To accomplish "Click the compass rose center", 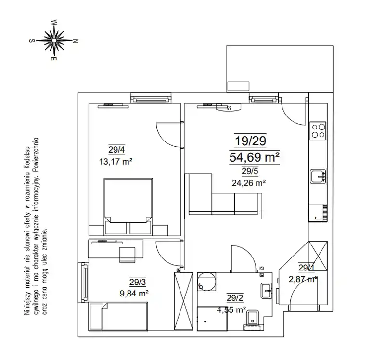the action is point(54,40).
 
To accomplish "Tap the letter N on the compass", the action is point(76,41).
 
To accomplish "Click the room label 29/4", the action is point(116,150).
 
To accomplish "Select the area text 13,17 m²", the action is point(115,162).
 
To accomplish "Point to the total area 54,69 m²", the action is point(255,157).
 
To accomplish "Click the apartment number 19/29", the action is point(250,141).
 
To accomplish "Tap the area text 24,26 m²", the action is point(248,183).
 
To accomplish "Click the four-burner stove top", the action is point(318,130).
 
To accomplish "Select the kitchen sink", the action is point(318,176).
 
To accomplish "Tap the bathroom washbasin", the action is point(267,291).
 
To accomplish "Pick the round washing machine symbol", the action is point(207,282).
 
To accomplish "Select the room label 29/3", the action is point(138,282).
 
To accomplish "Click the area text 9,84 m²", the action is point(134,293).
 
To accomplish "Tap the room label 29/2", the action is point(235,298).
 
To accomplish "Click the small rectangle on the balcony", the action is point(238,87).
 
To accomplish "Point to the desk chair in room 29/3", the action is point(127,255).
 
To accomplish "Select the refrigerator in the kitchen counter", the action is point(318,213).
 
